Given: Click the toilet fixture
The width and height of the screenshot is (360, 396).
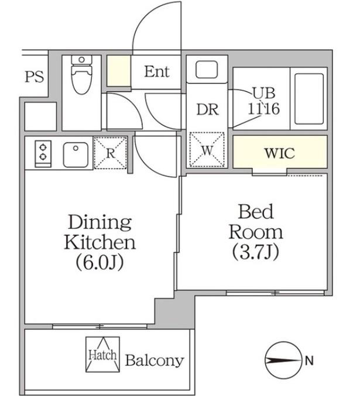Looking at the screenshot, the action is (x=81, y=75).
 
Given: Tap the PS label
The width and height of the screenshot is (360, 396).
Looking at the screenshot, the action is (x=35, y=76).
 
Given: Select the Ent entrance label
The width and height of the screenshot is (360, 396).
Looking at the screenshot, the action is (x=157, y=71).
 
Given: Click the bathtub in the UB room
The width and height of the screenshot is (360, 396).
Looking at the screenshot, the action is (x=309, y=99).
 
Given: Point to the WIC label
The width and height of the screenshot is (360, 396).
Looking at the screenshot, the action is (x=280, y=153).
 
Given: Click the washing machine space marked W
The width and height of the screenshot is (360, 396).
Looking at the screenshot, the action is (x=207, y=150).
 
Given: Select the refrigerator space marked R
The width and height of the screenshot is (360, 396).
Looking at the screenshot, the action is (x=110, y=153).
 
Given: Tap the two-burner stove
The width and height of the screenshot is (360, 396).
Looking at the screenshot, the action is (x=43, y=154).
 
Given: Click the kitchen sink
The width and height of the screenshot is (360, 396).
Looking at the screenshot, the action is (x=76, y=154).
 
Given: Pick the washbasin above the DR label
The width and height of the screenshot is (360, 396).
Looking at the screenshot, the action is (x=207, y=69).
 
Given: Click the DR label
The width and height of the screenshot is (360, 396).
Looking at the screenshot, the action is (x=208, y=110).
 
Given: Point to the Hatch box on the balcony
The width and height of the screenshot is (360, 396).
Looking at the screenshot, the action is (x=102, y=354).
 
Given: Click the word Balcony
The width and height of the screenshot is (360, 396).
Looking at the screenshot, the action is (x=155, y=360).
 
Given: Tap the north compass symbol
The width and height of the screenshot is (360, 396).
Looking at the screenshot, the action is (x=284, y=360).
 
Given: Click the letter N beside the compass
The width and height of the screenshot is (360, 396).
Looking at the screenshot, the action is (x=309, y=361).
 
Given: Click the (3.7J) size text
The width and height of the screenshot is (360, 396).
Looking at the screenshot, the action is (x=256, y=252).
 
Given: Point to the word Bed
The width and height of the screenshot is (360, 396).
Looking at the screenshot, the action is (x=256, y=212).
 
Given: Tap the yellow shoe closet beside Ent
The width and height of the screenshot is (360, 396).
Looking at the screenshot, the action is (x=119, y=71).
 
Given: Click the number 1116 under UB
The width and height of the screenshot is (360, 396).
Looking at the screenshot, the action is (x=263, y=109).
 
